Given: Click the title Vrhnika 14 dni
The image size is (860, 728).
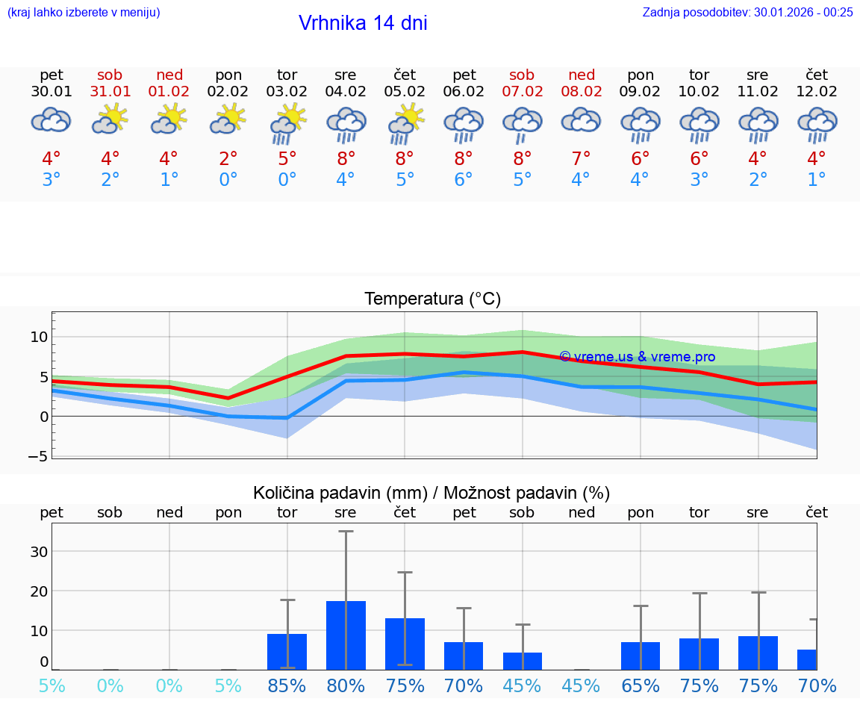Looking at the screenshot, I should [363, 23].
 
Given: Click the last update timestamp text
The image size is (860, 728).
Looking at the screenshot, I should [747, 12].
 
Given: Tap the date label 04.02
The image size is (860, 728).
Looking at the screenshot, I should [346, 92].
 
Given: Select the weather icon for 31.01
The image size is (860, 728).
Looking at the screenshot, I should [110, 119].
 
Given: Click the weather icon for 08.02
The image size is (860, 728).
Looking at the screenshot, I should [581, 120].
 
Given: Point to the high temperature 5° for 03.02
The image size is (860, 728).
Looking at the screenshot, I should [287, 158].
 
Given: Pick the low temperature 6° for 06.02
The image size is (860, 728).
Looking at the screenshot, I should [464, 180].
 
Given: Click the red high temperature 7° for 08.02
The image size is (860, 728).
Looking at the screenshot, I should [581, 158].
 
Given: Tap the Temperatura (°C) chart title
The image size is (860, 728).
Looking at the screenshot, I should [432, 299].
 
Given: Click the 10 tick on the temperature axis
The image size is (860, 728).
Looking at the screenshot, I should [39, 337].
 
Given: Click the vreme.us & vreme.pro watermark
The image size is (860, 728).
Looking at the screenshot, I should [637, 357].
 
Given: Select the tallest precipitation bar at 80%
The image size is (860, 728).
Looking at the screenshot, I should [346, 635].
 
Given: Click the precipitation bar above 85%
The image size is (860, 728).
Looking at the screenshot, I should [287, 651].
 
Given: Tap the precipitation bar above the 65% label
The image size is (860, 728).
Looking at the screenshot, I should [640, 656].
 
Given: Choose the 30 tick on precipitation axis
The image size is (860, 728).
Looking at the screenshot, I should [39, 552].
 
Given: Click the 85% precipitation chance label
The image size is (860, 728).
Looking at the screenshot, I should [287, 685].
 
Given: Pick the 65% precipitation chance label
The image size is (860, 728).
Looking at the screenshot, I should [640, 685].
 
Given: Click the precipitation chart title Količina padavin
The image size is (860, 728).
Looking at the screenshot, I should [431, 493].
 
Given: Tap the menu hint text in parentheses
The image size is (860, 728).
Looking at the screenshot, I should [84, 12].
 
